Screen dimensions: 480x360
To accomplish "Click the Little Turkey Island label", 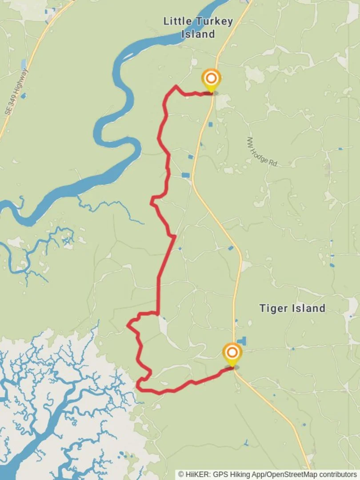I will point(198,27).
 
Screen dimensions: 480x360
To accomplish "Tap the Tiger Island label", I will point(292,308).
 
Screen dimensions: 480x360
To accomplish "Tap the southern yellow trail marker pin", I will point(232,354).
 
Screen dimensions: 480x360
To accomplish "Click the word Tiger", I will point(272,308).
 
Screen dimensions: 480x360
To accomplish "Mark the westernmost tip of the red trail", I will point(128,325).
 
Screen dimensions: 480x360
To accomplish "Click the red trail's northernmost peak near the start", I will point(176,86).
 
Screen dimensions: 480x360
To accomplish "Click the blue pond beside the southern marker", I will point(242,341).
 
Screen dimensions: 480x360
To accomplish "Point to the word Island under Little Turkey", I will point(198,34).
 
